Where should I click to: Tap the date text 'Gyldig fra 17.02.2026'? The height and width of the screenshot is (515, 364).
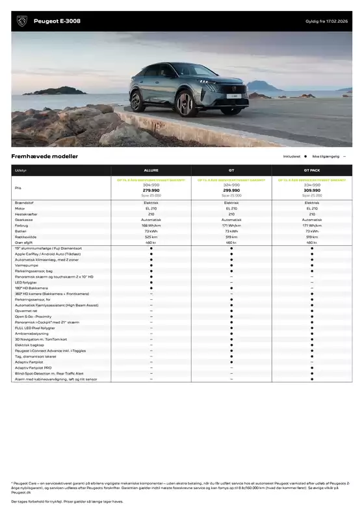(328, 21)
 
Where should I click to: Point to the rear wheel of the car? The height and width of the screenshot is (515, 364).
(137, 101)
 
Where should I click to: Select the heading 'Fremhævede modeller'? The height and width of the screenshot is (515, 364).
(44, 157)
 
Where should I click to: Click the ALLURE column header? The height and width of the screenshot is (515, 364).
(151, 170)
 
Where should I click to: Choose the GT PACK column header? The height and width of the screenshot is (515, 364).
(312, 170)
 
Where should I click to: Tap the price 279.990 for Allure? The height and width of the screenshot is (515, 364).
(151, 191)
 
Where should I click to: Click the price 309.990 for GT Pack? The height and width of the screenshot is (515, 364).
(312, 191)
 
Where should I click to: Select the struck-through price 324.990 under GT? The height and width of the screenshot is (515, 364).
(231, 185)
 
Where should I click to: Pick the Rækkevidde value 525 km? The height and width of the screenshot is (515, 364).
(151, 237)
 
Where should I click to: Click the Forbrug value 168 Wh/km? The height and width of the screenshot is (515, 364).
(151, 225)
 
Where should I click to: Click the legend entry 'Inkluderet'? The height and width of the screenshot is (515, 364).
(292, 157)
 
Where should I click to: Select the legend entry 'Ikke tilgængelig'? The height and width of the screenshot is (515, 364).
(325, 157)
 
